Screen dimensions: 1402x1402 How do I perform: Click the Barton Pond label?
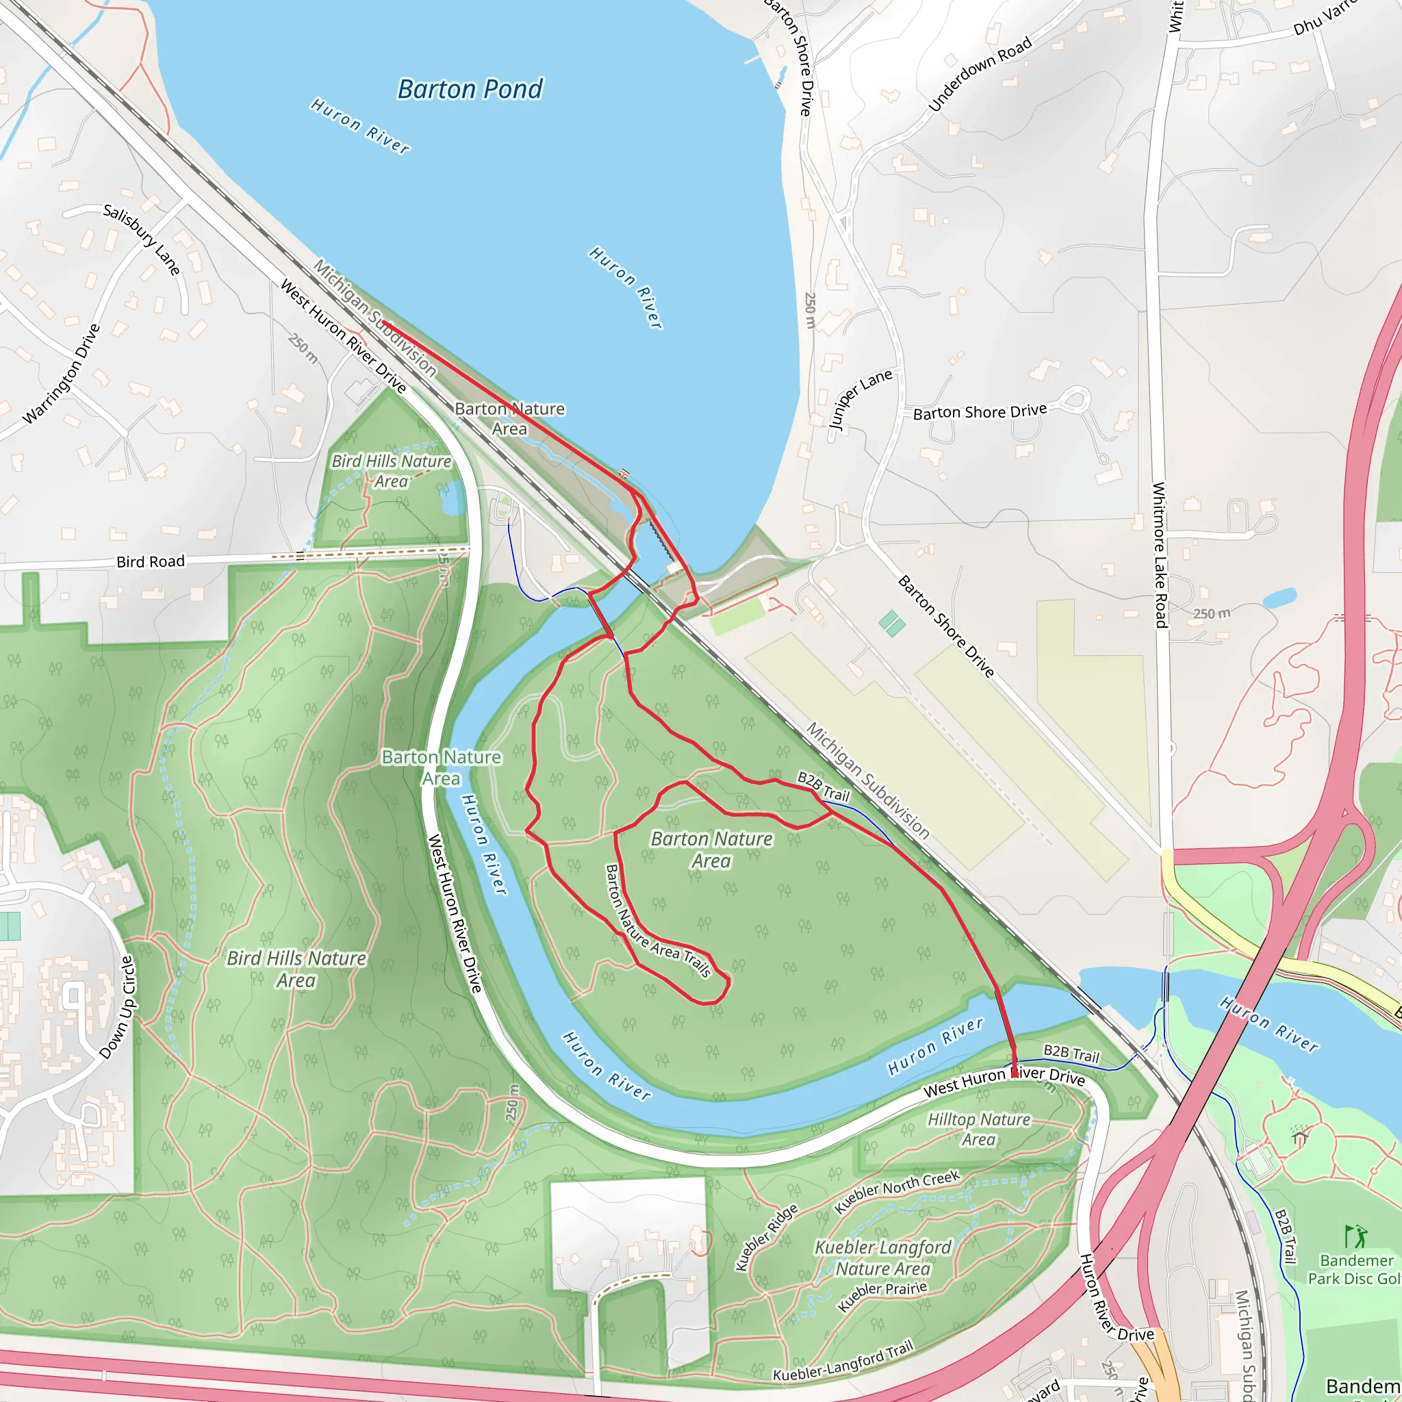coord(470,89)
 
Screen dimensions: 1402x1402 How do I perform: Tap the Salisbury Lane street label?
coord(142,240)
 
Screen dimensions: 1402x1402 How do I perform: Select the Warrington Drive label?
coord(62,374)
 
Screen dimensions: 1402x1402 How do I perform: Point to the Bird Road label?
coord(150,561)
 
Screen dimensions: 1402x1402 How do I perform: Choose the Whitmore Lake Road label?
coord(1160,555)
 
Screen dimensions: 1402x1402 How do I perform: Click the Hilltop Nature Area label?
coord(979,1129)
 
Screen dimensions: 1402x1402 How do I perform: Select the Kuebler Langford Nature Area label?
coord(882,1258)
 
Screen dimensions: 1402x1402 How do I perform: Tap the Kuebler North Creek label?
coord(897,1192)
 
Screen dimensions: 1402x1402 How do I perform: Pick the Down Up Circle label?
coord(118,1007)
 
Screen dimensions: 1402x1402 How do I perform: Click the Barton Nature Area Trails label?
coord(657,921)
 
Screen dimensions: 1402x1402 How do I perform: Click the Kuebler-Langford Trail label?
coord(843,1362)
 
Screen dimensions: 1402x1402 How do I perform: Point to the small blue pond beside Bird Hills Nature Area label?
coord(450,499)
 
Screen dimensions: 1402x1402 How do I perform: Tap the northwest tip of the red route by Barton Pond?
coord(385,323)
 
